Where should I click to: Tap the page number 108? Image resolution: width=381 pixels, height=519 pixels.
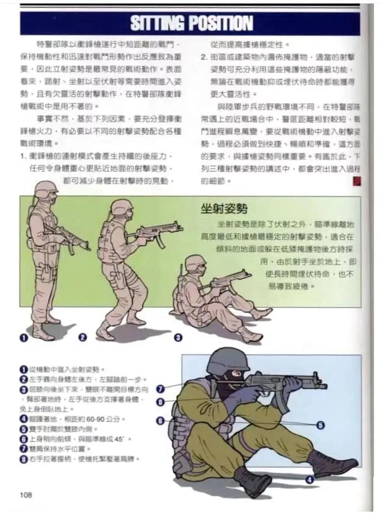coord(26,495)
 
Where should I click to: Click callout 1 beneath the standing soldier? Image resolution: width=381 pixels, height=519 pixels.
coord(22,337)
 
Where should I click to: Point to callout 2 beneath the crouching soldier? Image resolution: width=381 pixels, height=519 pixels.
coord(82,337)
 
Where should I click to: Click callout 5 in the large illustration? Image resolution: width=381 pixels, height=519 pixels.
coord(321,425)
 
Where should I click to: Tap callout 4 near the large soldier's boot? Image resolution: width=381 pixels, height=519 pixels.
coord(310,479)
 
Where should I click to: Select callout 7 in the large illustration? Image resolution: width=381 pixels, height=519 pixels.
coord(160,389)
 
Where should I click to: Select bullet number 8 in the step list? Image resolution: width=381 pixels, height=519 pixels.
coord(23,459)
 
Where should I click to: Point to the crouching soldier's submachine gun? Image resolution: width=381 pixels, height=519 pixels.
coord(152,232)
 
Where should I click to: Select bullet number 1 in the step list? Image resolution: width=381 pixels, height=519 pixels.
coord(23,369)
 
